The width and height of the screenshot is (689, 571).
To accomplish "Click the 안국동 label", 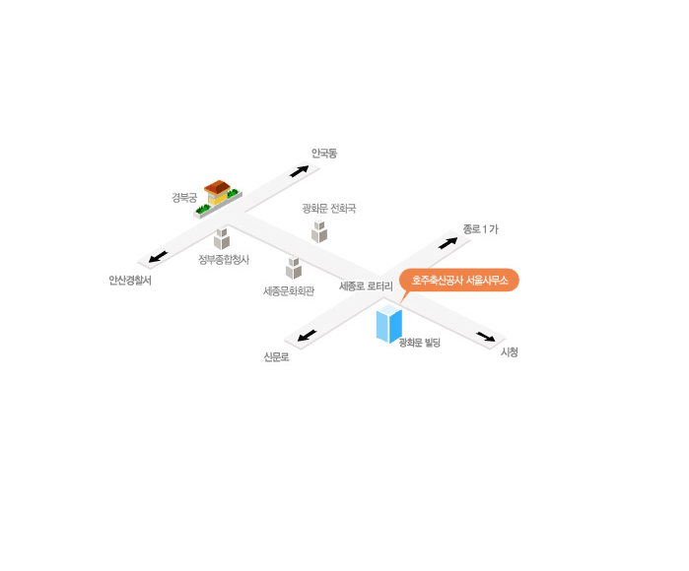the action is click(324, 154).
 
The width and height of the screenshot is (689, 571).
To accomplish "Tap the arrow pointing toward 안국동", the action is click(300, 170).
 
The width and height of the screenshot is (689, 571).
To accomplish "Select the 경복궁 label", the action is click(184, 198).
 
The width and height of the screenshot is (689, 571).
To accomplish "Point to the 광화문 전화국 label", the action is click(328, 208).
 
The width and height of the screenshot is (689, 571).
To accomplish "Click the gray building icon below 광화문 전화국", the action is click(319, 231).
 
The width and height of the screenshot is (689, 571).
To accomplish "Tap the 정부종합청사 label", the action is click(224, 259).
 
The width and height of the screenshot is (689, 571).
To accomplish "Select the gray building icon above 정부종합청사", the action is click(222, 238).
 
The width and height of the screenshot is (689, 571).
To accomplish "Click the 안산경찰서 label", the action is click(130, 280).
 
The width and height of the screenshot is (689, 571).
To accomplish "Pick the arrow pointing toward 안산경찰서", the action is click(158, 257).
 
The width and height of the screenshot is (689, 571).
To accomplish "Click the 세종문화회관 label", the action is click(289, 291).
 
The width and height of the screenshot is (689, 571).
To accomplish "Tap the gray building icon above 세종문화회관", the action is click(294, 268).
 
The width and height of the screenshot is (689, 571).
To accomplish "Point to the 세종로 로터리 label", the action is click(366, 286).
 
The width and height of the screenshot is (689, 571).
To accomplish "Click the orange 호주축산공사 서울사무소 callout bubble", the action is click(458, 280).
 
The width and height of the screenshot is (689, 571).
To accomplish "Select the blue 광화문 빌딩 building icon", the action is click(389, 324).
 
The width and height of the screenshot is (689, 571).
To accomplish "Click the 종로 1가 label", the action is click(481, 229).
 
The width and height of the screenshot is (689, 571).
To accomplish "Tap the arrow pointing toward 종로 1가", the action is click(448, 243).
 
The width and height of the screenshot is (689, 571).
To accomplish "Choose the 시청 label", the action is click(510, 352).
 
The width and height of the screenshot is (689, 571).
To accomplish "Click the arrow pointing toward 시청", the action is click(486, 337).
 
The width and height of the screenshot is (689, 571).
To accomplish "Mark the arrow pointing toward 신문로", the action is click(308, 336).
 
